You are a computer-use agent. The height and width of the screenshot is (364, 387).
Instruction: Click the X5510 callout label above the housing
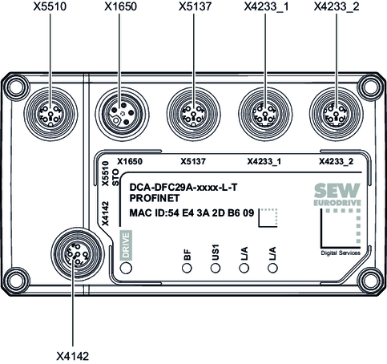(x=50, y=6)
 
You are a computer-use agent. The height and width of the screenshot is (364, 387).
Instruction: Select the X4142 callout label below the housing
(x=72, y=356)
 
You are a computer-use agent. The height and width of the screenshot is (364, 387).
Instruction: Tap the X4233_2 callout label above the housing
(x=337, y=6)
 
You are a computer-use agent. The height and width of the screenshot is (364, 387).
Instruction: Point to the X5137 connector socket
(x=194, y=115)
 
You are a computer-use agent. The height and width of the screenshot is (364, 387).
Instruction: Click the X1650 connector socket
(x=122, y=115)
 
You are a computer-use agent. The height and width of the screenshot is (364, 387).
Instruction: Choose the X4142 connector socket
(x=78, y=254)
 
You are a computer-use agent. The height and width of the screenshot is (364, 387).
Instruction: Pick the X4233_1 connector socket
(x=265, y=115)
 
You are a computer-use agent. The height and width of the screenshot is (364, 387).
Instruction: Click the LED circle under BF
(x=187, y=268)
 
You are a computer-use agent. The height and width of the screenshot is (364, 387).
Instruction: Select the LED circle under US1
(x=216, y=268)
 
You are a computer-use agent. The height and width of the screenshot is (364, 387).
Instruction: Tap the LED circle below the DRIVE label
(x=126, y=268)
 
